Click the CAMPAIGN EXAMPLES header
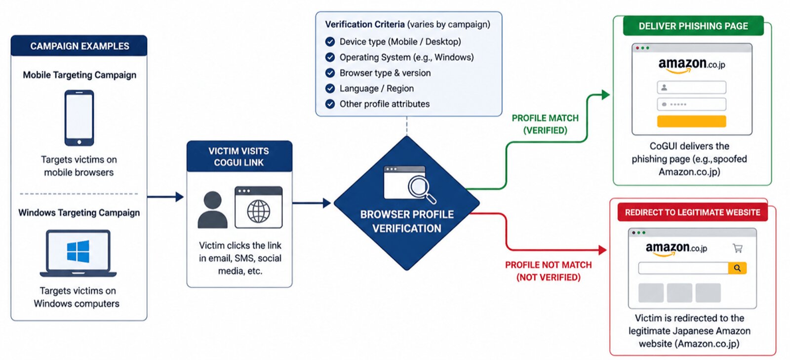pyautogui.click(x=79, y=46)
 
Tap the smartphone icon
pyautogui.click(x=79, y=118)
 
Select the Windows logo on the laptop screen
pyautogui.click(x=78, y=251)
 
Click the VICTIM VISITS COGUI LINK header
pyautogui.click(x=239, y=157)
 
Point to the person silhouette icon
pyautogui.click(x=212, y=209)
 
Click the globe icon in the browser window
pyautogui.click(x=259, y=211)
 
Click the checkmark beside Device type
pyautogui.click(x=330, y=41)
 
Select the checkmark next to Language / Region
pyautogui.click(x=330, y=88)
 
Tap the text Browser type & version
pyautogui.click(x=385, y=73)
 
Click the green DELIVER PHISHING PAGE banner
pyautogui.click(x=693, y=26)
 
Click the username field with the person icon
pyautogui.click(x=691, y=87)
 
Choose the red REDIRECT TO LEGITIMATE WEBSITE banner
pyautogui.click(x=692, y=212)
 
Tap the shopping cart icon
pyautogui.click(x=738, y=248)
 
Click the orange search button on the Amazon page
pyautogui.click(x=737, y=268)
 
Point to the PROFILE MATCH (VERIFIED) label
pyautogui.click(x=545, y=124)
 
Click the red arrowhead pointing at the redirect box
pyautogui.click(x=602, y=250)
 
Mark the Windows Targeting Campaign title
pyautogui.click(x=79, y=213)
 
